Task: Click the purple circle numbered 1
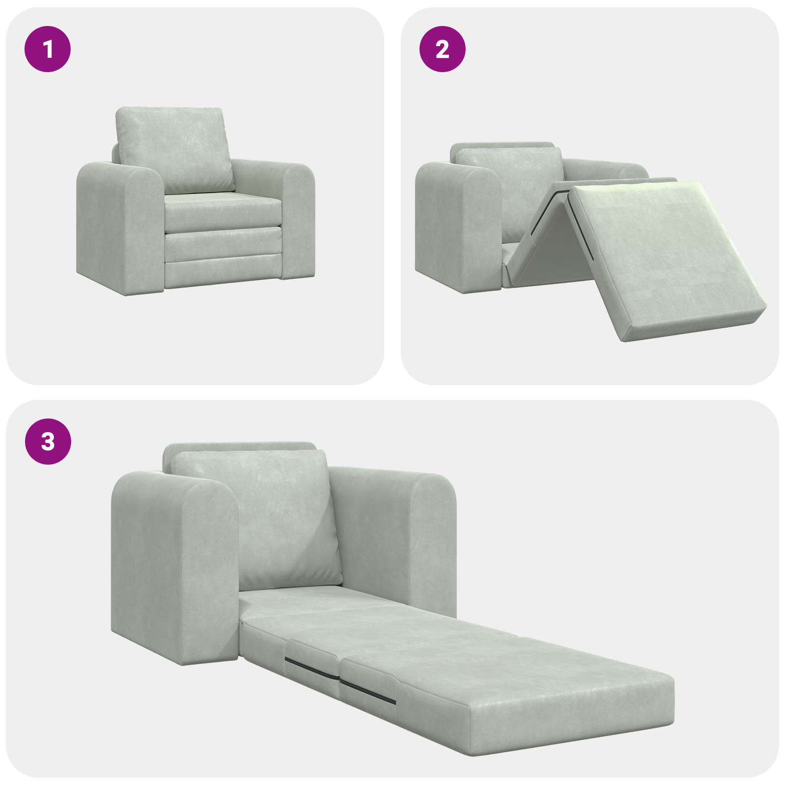coord(48,49)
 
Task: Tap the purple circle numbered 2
coord(442,49)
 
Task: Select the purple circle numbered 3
coord(48,441)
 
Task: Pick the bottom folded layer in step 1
coord(223,272)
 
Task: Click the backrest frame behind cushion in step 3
coord(240,447)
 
